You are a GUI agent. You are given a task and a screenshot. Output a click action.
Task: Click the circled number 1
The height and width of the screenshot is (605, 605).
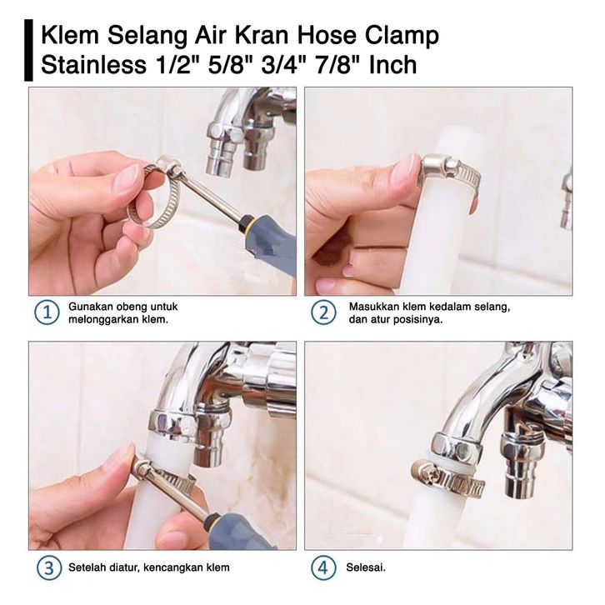pyautogui.click(x=47, y=313)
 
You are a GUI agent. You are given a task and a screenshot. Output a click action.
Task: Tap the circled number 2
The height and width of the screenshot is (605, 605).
pyautogui.click(x=323, y=313)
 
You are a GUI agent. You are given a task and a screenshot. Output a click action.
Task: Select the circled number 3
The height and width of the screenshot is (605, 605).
pyautogui.click(x=49, y=567)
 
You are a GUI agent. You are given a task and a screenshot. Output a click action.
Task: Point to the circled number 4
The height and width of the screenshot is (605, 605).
pyautogui.click(x=323, y=567)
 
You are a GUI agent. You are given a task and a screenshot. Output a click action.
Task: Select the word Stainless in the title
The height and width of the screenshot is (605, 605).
pyautogui.click(x=93, y=65)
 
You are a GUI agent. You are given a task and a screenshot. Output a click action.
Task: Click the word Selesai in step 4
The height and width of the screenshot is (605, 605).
pyautogui.click(x=365, y=567)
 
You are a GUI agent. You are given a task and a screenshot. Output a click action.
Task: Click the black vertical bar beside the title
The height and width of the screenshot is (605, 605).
pyautogui.click(x=28, y=50)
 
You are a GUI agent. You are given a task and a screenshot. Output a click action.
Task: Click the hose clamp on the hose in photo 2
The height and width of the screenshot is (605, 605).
pyautogui.click(x=450, y=172)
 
